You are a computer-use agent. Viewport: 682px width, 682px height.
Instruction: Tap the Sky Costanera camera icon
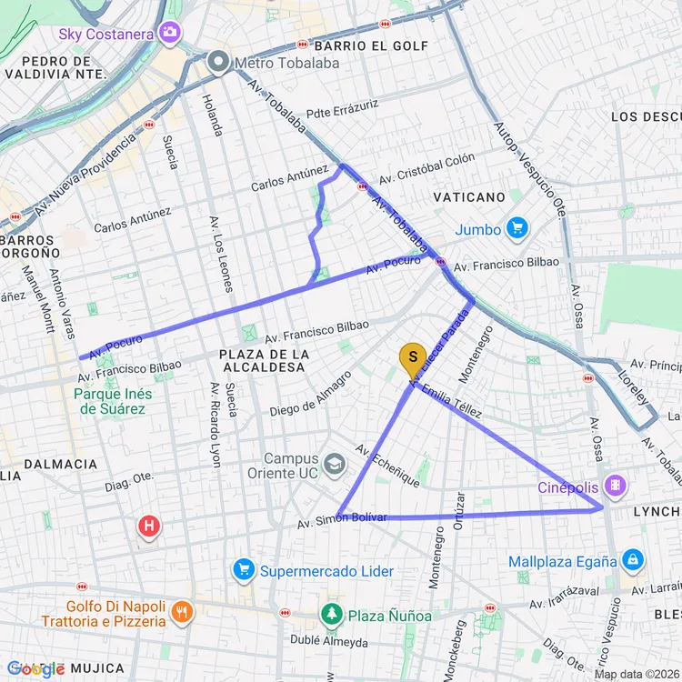click(x=169, y=34)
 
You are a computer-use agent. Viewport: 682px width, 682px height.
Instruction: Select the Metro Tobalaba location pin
click(x=218, y=63)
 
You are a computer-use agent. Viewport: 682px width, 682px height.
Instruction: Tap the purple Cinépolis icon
click(x=617, y=486)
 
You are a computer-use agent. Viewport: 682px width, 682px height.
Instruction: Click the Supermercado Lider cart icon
click(x=243, y=570)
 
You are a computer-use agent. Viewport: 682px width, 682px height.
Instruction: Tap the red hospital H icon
click(x=149, y=526)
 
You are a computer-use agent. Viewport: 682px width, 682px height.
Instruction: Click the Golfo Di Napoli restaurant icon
click(x=182, y=613)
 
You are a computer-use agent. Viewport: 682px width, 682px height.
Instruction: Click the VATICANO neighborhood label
click(x=469, y=197)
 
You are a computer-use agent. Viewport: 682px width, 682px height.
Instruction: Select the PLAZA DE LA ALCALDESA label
click(x=263, y=360)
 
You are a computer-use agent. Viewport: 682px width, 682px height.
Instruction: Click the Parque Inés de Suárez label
click(x=113, y=401)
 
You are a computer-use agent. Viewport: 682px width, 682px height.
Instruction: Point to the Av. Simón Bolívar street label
click(x=342, y=520)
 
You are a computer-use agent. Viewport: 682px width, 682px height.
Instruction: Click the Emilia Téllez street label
click(x=451, y=401)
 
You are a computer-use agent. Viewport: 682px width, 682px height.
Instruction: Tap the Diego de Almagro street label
click(x=311, y=394)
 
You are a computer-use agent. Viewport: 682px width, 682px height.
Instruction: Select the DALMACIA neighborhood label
click(x=60, y=464)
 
